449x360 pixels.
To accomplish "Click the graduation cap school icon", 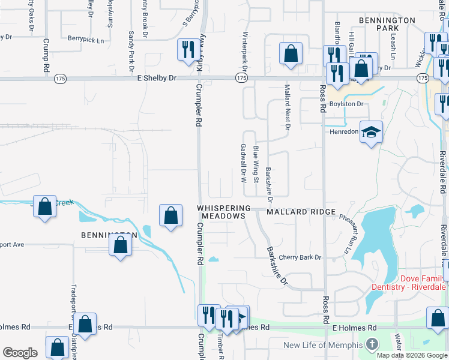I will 372,132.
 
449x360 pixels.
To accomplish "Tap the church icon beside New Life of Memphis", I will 372,345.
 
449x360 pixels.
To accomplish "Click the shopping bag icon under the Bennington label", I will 121,245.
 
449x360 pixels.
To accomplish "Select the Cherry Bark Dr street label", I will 300,257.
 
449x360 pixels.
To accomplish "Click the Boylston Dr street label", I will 347,104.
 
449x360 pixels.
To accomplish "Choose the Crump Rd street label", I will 46,56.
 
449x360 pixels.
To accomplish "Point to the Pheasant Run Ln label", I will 346,235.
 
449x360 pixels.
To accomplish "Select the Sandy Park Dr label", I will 131,49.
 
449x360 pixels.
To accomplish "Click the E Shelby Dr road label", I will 157,78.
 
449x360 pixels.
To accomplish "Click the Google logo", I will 20,353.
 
